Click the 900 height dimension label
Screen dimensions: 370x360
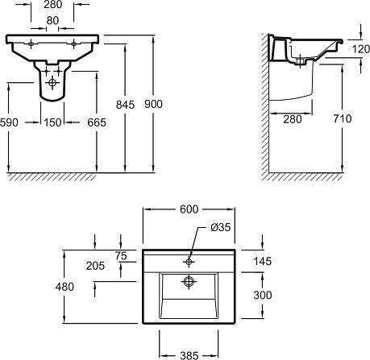tap(153, 104)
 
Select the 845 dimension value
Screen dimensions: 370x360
tap(125, 105)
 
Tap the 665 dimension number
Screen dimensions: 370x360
tap(97, 122)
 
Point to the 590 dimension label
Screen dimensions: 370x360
tap(9, 122)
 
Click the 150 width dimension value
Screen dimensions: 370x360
tap(52, 122)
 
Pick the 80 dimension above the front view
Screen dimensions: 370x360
tap(52, 20)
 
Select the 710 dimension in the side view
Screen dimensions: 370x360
tap(343, 118)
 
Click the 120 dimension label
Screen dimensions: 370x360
tap(361, 49)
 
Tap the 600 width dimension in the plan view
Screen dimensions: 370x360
tap(189, 209)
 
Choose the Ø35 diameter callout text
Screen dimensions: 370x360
tap(221, 227)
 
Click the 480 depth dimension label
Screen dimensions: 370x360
tap(64, 287)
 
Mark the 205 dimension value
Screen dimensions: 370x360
tap(95, 266)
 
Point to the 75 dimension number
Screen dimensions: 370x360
tap(121, 256)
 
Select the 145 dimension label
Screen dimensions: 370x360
tap(263, 261)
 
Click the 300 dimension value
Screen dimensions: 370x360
tap(263, 295)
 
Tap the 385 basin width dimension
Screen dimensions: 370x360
tap(189, 355)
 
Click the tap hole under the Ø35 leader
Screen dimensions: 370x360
tap(189, 262)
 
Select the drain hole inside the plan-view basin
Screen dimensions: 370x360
tap(189, 282)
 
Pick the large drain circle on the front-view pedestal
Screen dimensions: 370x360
tap(52, 83)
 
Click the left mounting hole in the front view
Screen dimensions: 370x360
tap(31, 43)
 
